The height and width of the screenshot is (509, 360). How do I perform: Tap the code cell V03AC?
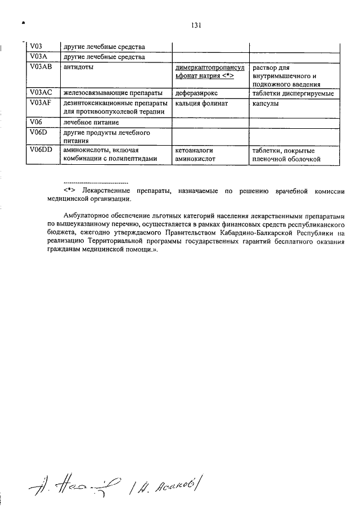(x=42, y=93)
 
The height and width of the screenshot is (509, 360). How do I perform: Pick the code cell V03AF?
(x=42, y=103)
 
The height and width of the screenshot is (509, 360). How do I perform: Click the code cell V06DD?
(x=42, y=151)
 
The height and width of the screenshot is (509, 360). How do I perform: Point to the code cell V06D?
(x=39, y=133)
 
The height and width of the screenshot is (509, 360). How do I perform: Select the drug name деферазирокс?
(x=196, y=93)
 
